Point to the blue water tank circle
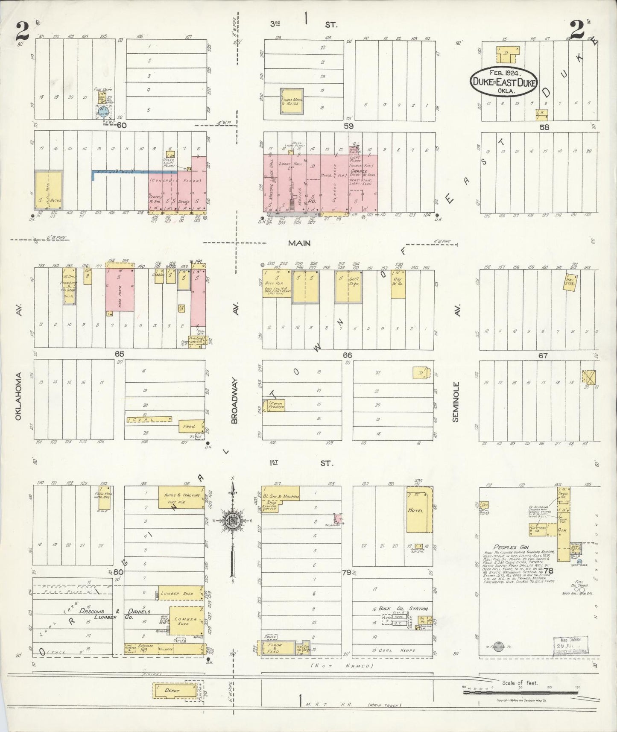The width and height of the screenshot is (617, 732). pos(103,112)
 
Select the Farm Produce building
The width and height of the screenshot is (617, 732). pos(275,405)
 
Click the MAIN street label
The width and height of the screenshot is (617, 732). pos(299,243)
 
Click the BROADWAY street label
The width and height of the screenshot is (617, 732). pos(234,400)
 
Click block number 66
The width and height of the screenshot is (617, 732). pos(347,355)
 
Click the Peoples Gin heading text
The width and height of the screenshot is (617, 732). pos(505,547)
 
